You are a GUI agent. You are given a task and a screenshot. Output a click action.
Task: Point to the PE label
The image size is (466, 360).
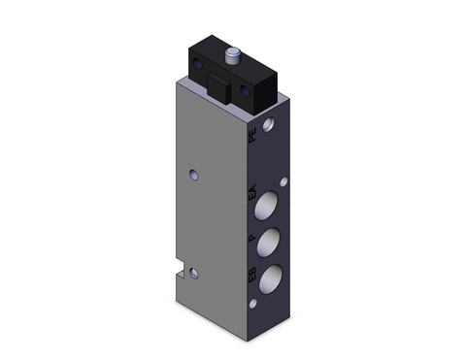click(254, 139)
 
